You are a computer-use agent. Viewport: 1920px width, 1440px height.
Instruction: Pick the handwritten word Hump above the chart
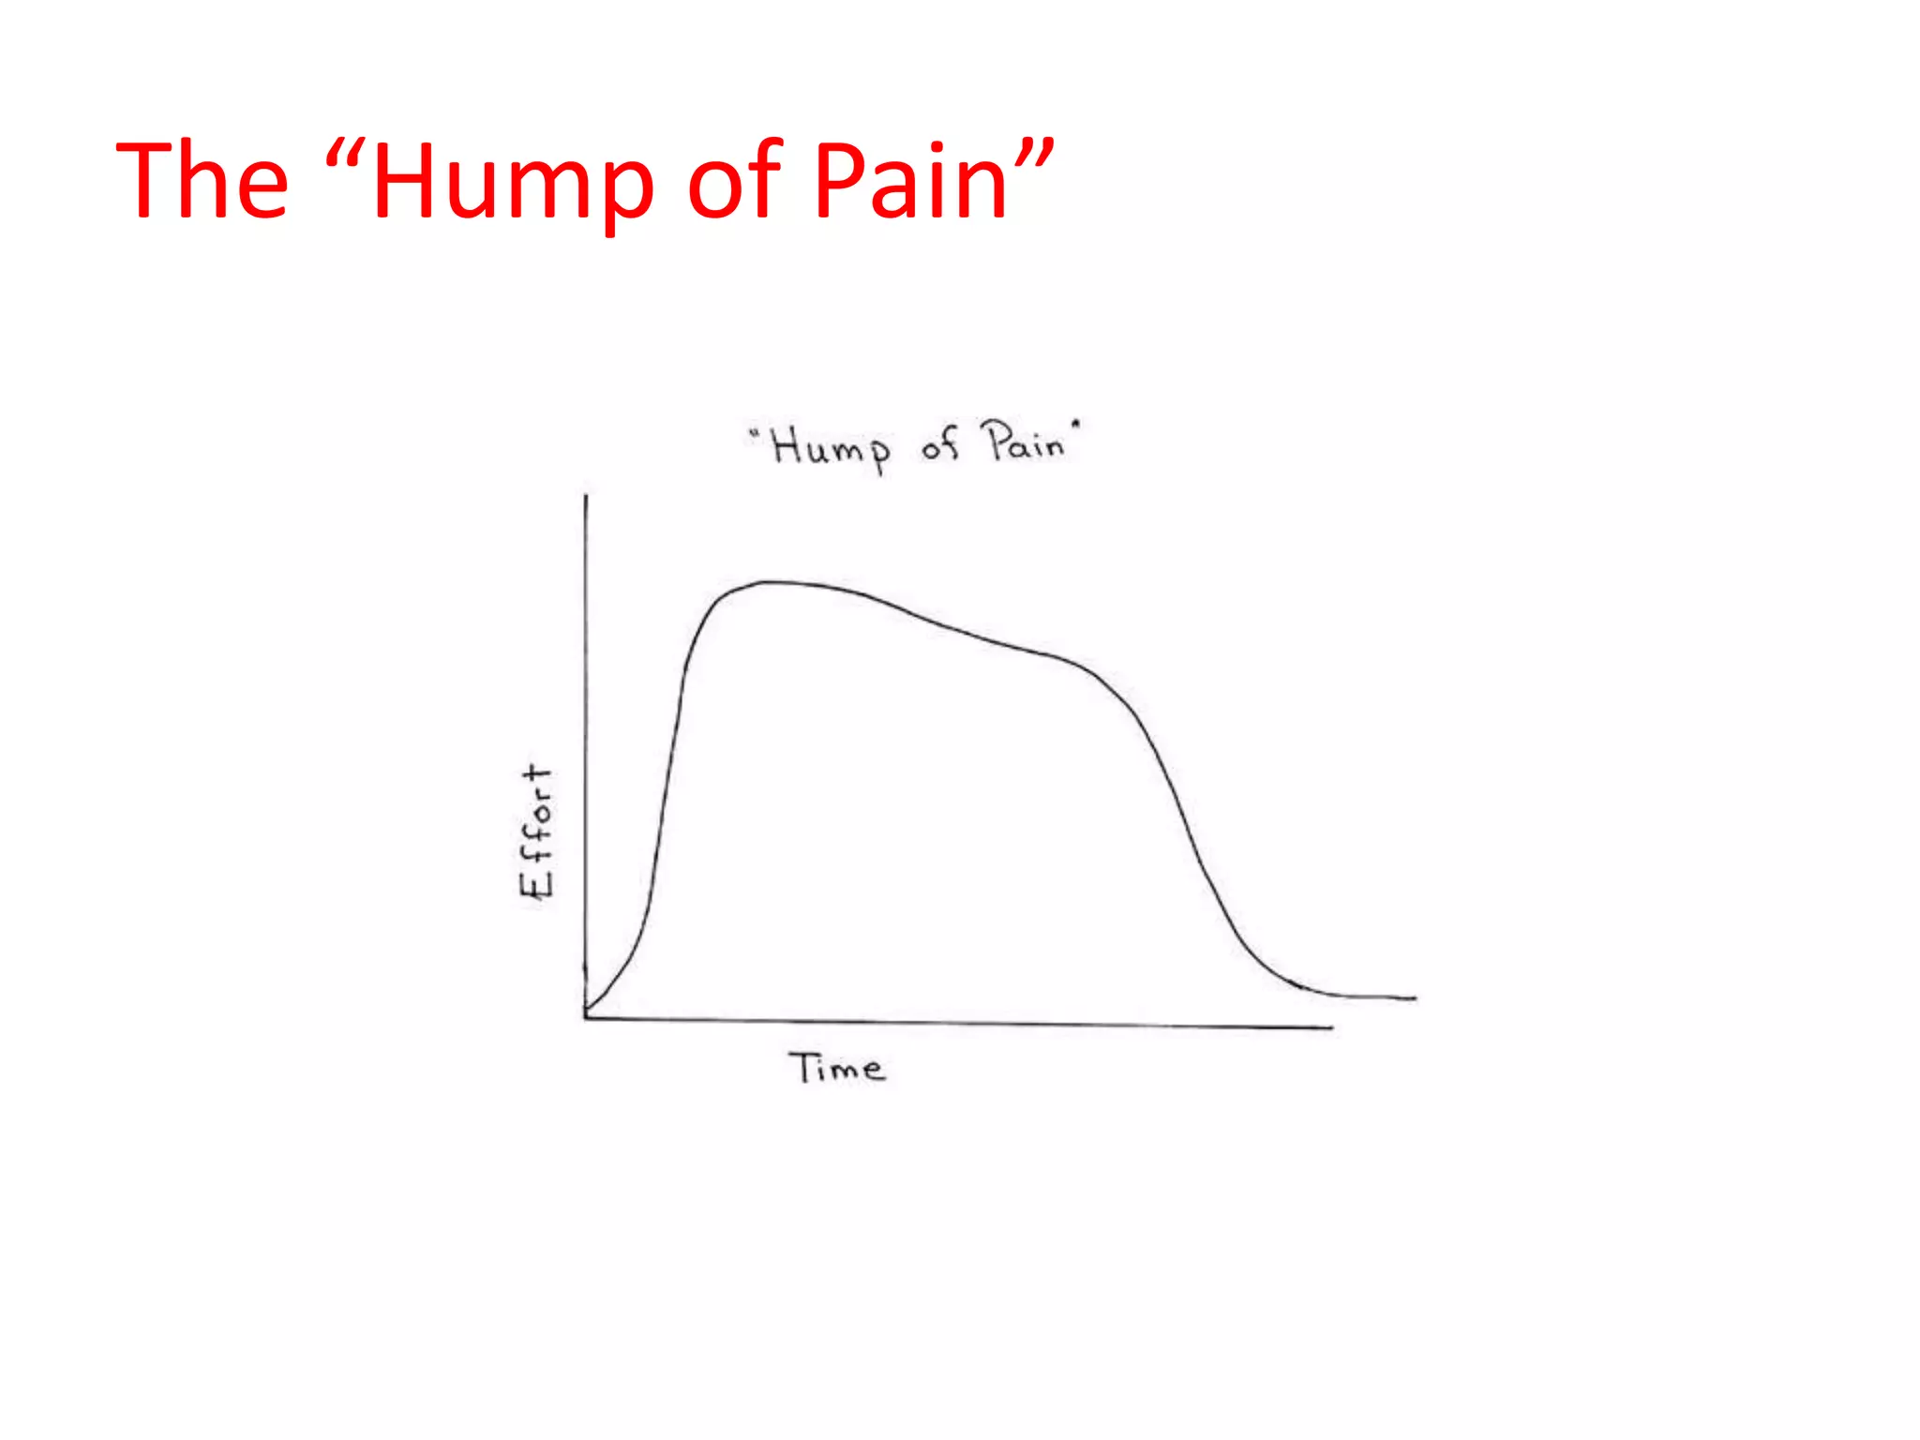pyautogui.click(x=831, y=448)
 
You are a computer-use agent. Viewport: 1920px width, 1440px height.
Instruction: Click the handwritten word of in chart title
pyautogui.click(x=940, y=444)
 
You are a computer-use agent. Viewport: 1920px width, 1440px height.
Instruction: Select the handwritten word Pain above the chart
pyautogui.click(x=1025, y=442)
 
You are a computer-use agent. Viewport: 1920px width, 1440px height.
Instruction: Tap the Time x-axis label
pyautogui.click(x=836, y=1068)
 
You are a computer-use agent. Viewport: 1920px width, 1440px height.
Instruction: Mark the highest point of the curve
pyautogui.click(x=769, y=582)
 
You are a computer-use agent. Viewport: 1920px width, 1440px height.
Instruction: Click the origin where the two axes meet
pyautogui.click(x=586, y=1017)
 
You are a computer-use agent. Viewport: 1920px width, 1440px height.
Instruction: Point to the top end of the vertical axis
pyautogui.click(x=586, y=496)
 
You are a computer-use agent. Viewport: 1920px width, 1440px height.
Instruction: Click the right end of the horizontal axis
pyautogui.click(x=1331, y=1027)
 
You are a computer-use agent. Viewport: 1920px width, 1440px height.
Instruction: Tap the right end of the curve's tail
pyautogui.click(x=1415, y=998)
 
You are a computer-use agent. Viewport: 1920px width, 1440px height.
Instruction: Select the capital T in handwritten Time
pyautogui.click(x=802, y=1067)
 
